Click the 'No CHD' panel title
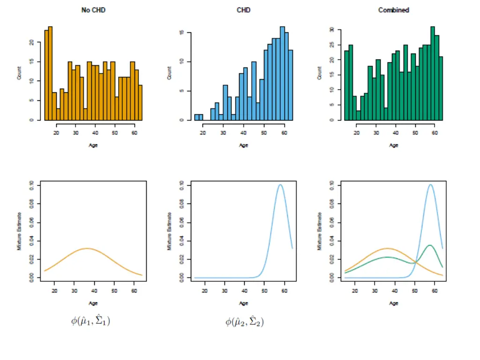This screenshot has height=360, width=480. coord(94,10)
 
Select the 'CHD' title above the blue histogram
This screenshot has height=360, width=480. coord(244,10)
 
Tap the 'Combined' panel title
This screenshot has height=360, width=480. coord(394,10)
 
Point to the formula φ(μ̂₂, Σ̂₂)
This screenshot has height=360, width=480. coord(244,322)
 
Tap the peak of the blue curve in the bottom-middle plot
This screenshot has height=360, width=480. coord(280,184)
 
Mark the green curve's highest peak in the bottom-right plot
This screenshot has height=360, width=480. coord(429,245)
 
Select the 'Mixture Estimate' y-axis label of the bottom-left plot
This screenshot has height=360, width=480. coord(20,231)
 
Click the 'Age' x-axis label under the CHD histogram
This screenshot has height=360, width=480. coord(244,145)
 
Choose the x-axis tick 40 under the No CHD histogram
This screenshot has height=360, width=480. coord(96,133)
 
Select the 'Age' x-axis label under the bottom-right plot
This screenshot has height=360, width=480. coord(394,303)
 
